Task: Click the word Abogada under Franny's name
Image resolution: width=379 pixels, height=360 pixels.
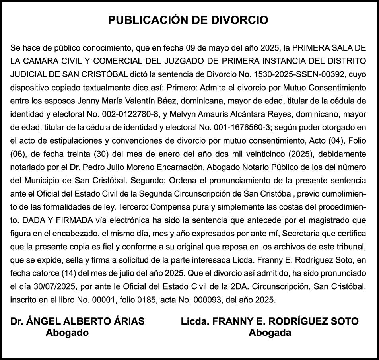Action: tap(270, 333)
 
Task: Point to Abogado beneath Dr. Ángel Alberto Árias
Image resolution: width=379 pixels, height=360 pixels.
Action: tap(67, 333)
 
